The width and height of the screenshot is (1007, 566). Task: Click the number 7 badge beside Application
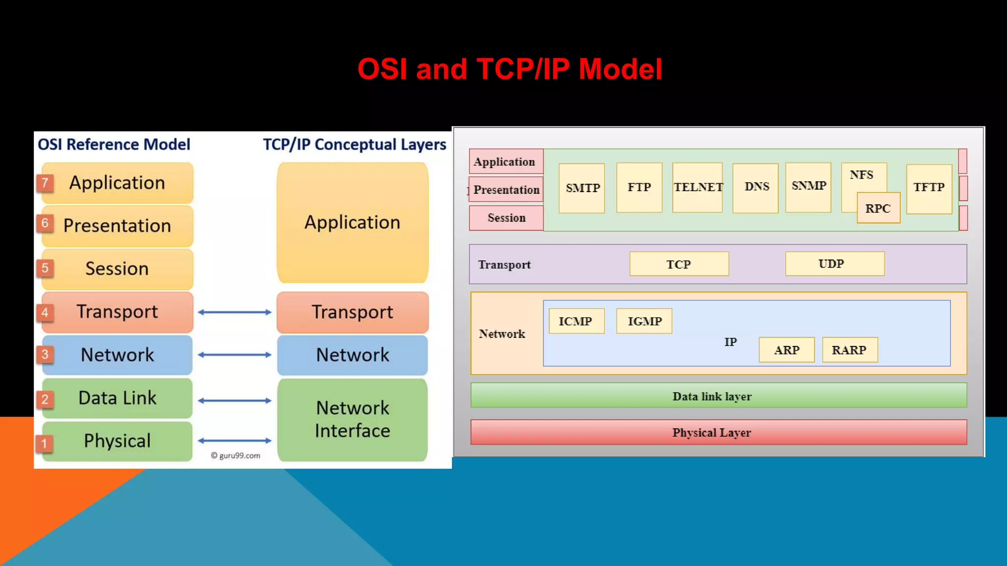pos(45,183)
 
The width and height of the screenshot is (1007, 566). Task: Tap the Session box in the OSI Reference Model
pos(117,269)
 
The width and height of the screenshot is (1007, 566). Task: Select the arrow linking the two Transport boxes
pos(235,312)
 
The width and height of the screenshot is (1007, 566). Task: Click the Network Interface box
pos(352,419)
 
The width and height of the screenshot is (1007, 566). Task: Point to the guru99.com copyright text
pos(236,455)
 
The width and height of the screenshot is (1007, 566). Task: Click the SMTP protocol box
pos(582,188)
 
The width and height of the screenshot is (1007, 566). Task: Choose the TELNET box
pos(697,187)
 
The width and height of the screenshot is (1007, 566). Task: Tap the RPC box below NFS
pos(878,208)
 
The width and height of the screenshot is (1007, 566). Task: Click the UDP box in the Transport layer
pos(834,264)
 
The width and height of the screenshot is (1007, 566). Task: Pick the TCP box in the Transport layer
pos(679,264)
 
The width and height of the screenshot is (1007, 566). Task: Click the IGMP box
pos(644,321)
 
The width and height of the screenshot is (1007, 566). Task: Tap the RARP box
pos(849,350)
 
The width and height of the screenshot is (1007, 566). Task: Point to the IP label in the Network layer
pos(730,342)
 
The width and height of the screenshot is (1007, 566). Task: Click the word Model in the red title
pos(620,69)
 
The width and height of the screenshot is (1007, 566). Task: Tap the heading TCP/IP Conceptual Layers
pos(354,144)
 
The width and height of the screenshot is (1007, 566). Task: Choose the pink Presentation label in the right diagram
pos(506,190)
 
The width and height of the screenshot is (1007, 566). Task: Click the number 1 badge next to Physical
pos(44,443)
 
